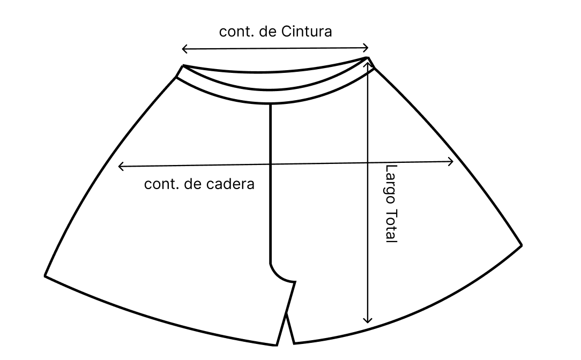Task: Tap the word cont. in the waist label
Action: (x=236, y=31)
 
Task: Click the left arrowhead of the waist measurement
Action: (x=184, y=49)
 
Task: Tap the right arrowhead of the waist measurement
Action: (x=367, y=47)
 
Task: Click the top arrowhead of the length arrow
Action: (x=368, y=63)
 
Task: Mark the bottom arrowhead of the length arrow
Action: (x=368, y=321)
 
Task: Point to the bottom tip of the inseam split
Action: (x=286, y=314)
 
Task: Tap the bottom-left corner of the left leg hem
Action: (x=46, y=276)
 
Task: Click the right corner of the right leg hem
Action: (x=521, y=245)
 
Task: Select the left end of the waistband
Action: (x=180, y=72)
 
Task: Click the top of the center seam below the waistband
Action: (x=270, y=106)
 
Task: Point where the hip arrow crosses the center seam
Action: (x=270, y=164)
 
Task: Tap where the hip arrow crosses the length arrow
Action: (x=368, y=162)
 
